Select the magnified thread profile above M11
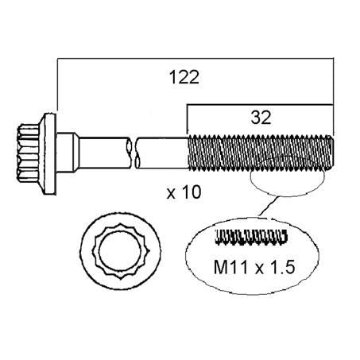[x=250, y=236]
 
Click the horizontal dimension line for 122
[x=191, y=58]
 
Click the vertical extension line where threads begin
[x=188, y=119]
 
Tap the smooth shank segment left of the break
[x=103, y=150]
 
